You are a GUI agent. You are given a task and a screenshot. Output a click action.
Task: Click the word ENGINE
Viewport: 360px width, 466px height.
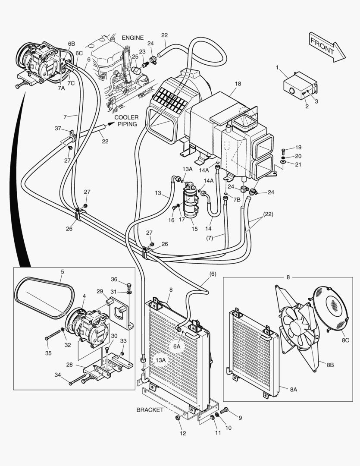pyautogui.click(x=132, y=38)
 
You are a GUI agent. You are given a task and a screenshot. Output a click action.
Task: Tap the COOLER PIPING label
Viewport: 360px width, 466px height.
pyautogui.click(x=126, y=121)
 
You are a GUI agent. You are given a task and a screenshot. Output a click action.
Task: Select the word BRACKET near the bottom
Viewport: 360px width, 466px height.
pyautogui.click(x=150, y=409)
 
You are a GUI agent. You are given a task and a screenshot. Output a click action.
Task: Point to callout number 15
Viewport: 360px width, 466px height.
pyautogui.click(x=194, y=229)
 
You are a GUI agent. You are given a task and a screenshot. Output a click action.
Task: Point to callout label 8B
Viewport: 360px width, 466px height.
pyautogui.click(x=330, y=365)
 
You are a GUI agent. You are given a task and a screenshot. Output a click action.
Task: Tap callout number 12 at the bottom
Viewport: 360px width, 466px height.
pyautogui.click(x=183, y=433)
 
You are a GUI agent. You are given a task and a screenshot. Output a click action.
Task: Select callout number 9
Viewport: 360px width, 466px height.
pyautogui.click(x=240, y=417)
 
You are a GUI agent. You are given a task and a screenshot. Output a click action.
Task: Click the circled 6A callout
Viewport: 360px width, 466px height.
pyautogui.click(x=177, y=346)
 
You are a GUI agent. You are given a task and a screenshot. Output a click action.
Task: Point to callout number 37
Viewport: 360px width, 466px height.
pyautogui.click(x=58, y=128)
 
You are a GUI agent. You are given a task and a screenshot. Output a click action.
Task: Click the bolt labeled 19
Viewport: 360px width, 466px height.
pyautogui.click(x=284, y=150)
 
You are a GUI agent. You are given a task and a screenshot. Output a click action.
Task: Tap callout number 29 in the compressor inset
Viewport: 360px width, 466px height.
pyautogui.click(x=99, y=292)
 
